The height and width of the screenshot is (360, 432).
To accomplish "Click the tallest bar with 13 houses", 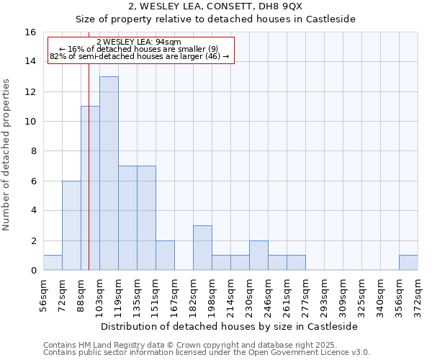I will pyautogui.click(x=109, y=173).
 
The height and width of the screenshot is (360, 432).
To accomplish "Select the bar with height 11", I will pyautogui.click(x=90, y=188).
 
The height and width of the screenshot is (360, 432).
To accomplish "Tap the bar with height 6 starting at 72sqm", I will pyautogui.click(x=71, y=225).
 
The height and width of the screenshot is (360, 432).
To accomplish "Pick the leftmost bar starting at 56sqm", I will pyautogui.click(x=53, y=263).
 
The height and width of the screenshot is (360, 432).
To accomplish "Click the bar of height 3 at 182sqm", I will pyautogui.click(x=202, y=248).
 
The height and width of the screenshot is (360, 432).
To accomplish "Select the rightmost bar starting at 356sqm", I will pyautogui.click(x=408, y=263).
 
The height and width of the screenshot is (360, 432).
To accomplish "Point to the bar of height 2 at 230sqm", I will pyautogui.click(x=258, y=256).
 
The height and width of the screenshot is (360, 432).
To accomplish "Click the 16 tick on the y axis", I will pyautogui.click(x=30, y=32).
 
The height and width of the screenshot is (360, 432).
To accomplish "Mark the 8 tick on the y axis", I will pyautogui.click(x=33, y=151).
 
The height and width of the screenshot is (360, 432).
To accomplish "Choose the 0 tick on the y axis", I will pyautogui.click(x=33, y=271).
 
